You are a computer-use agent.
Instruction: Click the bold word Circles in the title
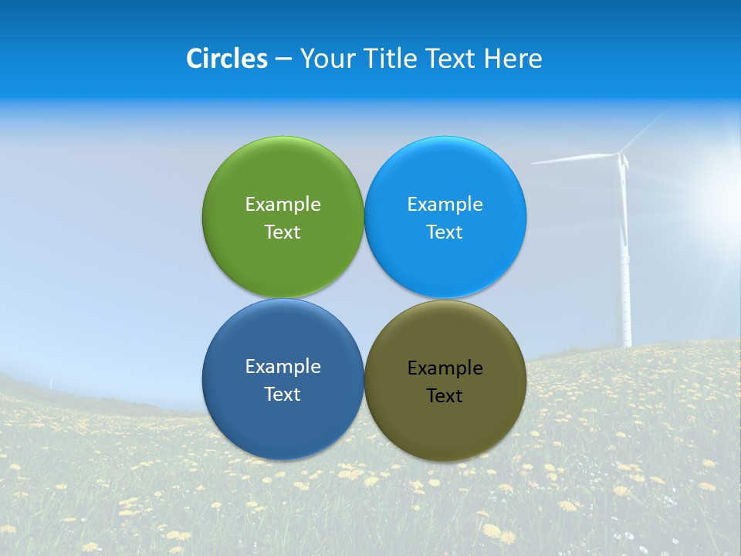(x=227, y=59)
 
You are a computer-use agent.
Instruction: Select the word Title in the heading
(x=392, y=59)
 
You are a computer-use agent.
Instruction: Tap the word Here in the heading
(x=513, y=59)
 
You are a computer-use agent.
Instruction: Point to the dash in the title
(x=283, y=59)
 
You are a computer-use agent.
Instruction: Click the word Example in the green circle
(x=283, y=205)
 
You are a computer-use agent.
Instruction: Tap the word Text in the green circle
(x=283, y=232)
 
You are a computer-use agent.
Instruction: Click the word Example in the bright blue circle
(x=445, y=205)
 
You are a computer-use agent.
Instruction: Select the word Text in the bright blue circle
(x=445, y=232)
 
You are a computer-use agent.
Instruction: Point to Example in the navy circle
(x=283, y=367)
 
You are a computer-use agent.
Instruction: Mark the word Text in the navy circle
(x=283, y=395)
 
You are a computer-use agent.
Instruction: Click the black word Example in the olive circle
(x=445, y=368)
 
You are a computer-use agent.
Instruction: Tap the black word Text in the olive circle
(x=445, y=396)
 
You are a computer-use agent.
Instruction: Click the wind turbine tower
(x=624, y=270)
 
